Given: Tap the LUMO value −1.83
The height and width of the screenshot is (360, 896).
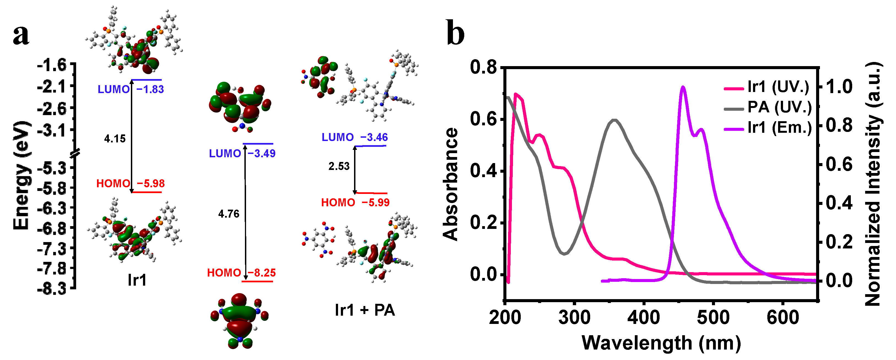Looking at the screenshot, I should click(x=150, y=90).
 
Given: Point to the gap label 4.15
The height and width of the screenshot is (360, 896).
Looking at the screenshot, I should click(x=115, y=139).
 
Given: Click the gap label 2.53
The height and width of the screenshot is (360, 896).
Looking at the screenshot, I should click(x=339, y=166).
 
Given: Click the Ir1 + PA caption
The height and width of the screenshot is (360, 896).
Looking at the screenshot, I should click(x=365, y=310).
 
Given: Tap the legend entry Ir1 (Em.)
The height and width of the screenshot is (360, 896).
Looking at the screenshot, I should click(x=779, y=128).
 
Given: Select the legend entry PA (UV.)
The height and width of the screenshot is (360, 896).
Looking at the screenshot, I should click(x=779, y=107).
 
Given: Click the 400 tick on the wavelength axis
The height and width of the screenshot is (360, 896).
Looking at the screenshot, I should click(x=644, y=318).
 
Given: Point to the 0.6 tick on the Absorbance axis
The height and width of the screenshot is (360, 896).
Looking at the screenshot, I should click(x=484, y=119).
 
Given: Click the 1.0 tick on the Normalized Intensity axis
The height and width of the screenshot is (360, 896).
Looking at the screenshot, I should click(x=839, y=86).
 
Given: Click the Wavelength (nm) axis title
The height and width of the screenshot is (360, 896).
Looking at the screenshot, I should click(x=661, y=343).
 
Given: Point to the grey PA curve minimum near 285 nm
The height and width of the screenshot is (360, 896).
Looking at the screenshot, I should click(x=564, y=254).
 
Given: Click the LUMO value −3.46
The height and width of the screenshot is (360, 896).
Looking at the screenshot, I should click(x=374, y=137).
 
